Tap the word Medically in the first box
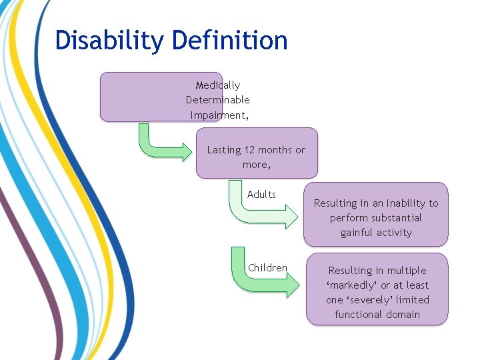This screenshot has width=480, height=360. tap(218, 85)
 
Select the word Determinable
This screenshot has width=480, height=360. tap(218, 100)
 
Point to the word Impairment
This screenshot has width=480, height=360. tap(217, 115)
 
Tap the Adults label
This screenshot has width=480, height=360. tap(261, 195)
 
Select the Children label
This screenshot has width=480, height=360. tap(267, 268)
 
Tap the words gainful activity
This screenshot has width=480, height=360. tap(376, 233)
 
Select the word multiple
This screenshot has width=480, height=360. tap(405, 271)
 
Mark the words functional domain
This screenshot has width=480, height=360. tap(377, 315)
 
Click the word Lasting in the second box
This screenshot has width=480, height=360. tap(223, 150)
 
